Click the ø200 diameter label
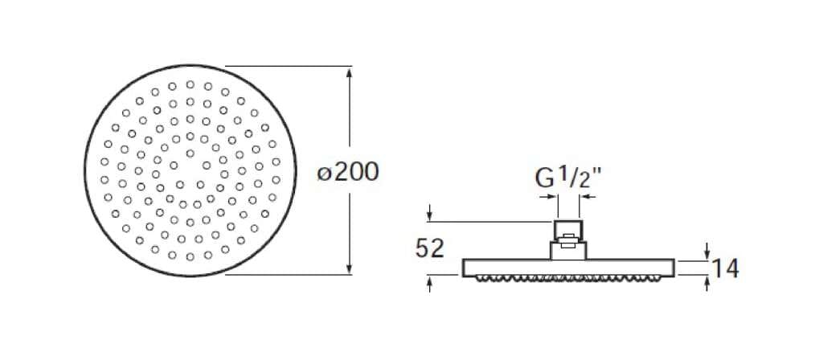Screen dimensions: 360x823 (x=348, y=172)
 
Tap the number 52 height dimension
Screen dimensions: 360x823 (x=430, y=248)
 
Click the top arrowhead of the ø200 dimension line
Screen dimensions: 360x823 (x=350, y=72)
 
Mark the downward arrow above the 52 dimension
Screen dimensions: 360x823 (x=432, y=214)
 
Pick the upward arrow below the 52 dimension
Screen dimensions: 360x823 (x=432, y=282)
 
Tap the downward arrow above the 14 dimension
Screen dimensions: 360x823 (x=706, y=252)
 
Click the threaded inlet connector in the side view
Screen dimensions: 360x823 (x=567, y=229)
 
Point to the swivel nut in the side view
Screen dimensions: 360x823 (x=567, y=248)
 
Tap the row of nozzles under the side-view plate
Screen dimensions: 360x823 (x=567, y=278)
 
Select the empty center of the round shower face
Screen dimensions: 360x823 (x=190, y=171)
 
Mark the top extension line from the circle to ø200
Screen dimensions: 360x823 (x=289, y=66)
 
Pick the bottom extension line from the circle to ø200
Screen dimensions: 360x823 (x=289, y=275)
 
